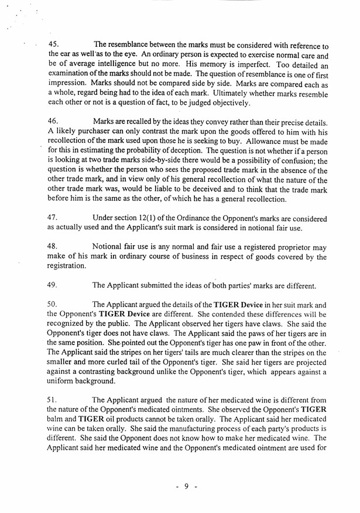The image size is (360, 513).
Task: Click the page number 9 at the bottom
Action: click(186, 487)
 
